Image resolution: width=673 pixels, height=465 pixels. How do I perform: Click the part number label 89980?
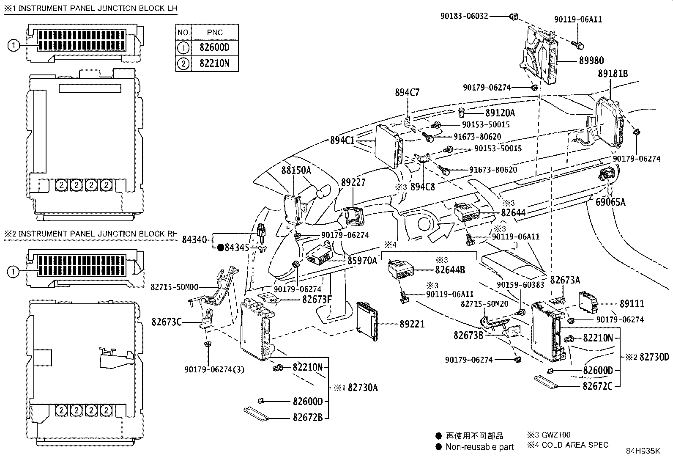(x=591, y=61)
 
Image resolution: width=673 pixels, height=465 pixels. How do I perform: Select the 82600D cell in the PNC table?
(x=215, y=47)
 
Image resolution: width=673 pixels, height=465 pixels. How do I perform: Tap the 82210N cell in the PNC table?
(x=215, y=63)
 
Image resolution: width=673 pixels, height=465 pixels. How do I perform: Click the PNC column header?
(x=215, y=32)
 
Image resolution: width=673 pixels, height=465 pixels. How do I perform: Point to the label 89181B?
(x=613, y=74)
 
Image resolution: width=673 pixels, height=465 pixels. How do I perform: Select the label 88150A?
(x=296, y=171)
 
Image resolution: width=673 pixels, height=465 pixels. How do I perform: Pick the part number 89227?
(x=353, y=182)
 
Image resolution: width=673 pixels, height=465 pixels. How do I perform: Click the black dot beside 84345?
(x=220, y=248)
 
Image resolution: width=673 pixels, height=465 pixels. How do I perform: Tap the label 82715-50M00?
(x=175, y=287)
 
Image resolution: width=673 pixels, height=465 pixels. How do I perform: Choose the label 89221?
(x=412, y=324)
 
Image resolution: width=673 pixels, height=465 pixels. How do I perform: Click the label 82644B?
(x=450, y=270)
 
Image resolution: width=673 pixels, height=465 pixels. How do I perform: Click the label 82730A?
(x=362, y=387)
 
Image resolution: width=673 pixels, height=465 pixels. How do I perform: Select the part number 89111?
(x=632, y=304)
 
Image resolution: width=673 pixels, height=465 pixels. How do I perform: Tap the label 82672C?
(x=597, y=386)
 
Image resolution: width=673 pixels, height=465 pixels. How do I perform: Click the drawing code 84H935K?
(x=643, y=451)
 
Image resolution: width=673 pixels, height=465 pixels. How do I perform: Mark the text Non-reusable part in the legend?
(x=479, y=447)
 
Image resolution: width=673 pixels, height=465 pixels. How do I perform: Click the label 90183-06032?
(x=464, y=16)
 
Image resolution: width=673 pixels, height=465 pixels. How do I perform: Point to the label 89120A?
(x=500, y=113)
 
